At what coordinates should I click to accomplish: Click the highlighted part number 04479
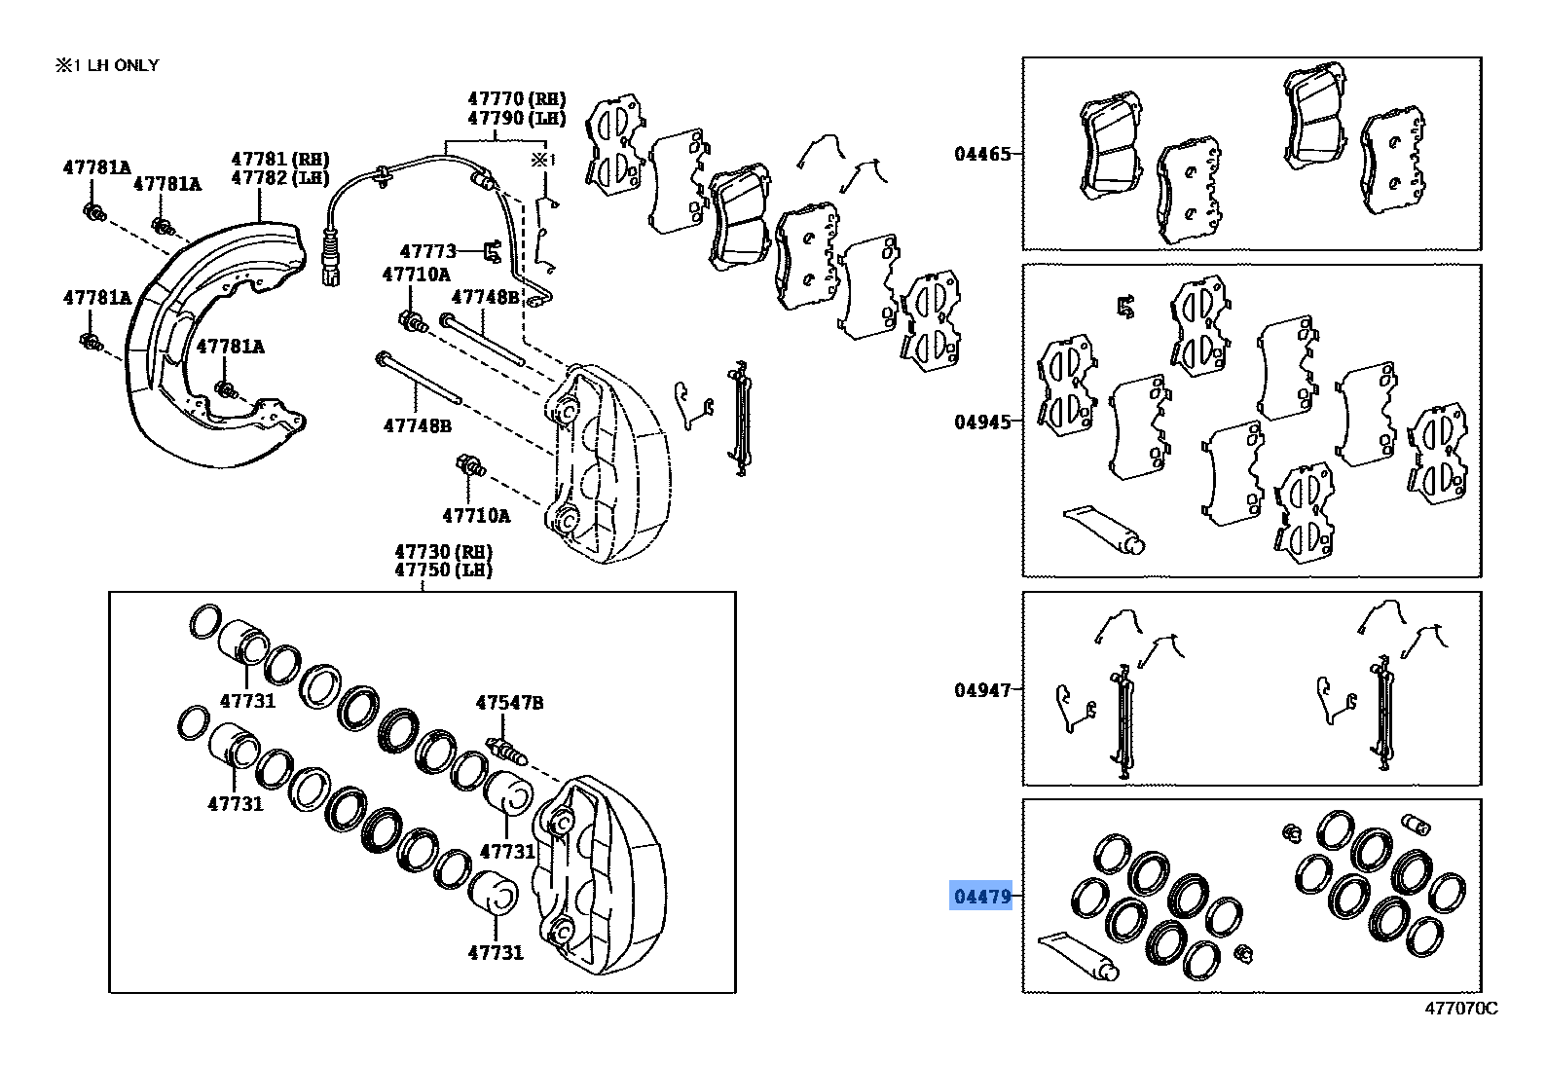pos(980,896)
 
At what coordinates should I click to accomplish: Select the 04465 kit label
pos(982,154)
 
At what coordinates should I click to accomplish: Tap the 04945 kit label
pos(982,422)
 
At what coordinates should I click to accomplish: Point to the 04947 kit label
pos(982,690)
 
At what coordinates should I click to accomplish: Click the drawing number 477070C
pos(1460,1009)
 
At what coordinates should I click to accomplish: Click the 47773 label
pos(427,251)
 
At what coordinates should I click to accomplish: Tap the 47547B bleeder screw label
pos(509,702)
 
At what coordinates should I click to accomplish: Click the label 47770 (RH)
pos(516,98)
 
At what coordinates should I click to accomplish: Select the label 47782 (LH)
pos(279,177)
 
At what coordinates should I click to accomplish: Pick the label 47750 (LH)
pos(443,570)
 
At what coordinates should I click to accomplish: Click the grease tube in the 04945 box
pos(1105,529)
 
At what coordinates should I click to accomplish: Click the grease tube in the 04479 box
pos(1076,955)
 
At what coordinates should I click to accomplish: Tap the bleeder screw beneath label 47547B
pos(505,752)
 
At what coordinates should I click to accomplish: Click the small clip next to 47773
pos(494,252)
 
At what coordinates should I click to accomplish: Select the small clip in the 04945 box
pos(1126,307)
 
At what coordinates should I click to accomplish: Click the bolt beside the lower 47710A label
pos(471,467)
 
